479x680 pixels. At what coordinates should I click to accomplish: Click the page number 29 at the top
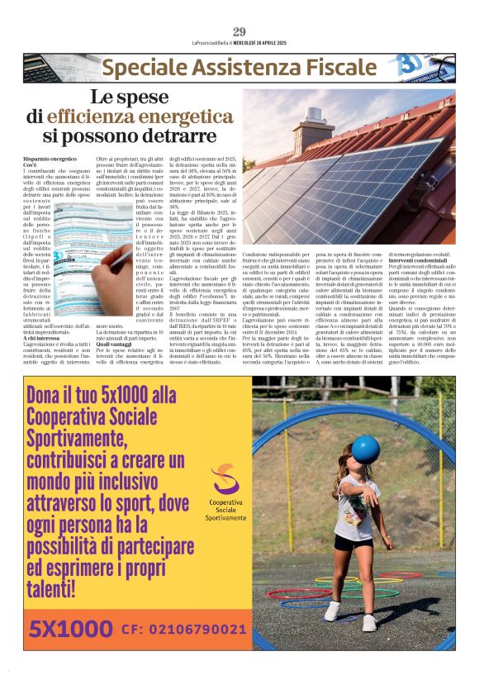[x=239, y=31]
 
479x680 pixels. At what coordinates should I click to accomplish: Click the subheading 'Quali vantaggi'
[x=116, y=345]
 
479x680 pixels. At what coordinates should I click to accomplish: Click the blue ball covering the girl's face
[x=365, y=449]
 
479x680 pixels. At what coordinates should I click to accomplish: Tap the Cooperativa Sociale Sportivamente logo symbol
[x=225, y=481]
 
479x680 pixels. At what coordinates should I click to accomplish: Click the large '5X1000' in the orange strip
[x=69, y=630]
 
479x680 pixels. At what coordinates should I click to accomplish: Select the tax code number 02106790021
[x=195, y=630]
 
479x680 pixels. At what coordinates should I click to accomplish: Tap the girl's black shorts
[x=345, y=542]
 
